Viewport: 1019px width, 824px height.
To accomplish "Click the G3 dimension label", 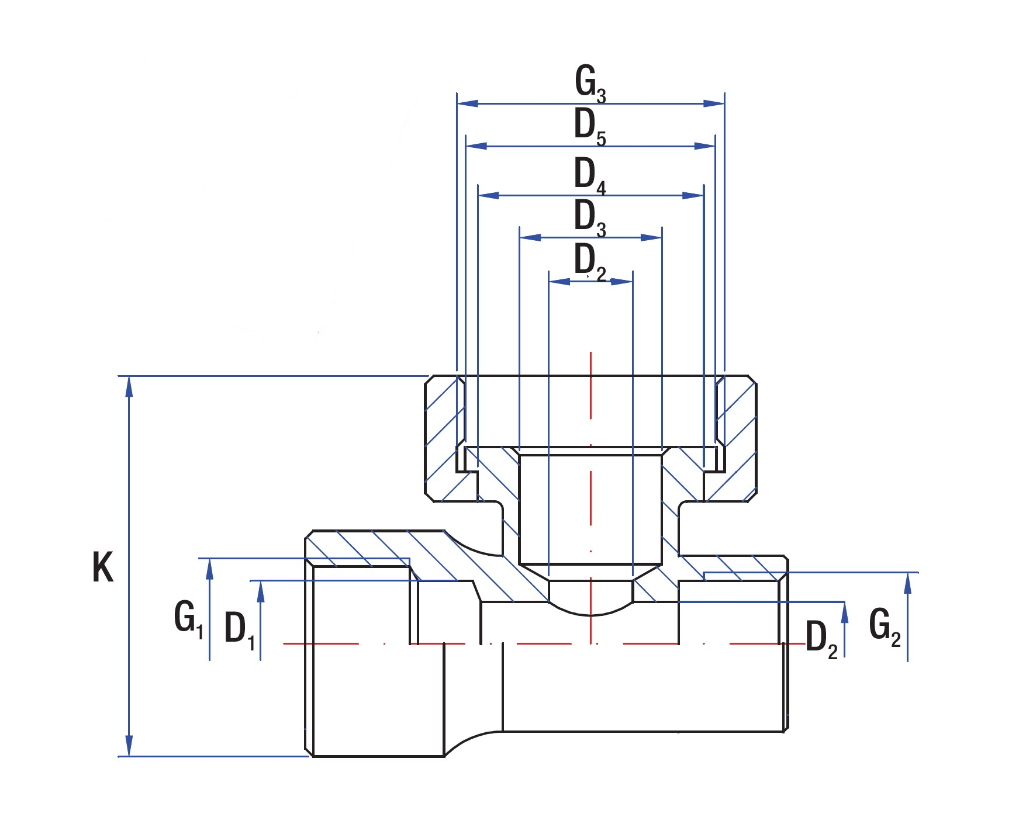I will coord(589,83).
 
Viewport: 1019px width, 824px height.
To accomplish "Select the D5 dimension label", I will coord(589,126).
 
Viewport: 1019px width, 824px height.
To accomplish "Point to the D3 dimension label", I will coord(589,217).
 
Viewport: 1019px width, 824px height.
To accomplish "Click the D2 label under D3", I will coord(589,262).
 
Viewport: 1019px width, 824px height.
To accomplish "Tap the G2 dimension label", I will coord(885,626).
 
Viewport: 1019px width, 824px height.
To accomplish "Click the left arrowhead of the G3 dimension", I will coord(467,103).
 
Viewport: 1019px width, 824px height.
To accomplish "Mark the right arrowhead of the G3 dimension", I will coord(714,103).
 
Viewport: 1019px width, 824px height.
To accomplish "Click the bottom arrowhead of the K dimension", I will coord(129,746).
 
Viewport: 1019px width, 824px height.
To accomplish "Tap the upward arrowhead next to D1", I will coord(261,591).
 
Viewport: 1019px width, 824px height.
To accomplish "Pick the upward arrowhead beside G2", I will coord(907,583).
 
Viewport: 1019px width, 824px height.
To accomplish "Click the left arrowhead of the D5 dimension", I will coord(476,146).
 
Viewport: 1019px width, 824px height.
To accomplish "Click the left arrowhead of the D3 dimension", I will coord(530,237).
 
